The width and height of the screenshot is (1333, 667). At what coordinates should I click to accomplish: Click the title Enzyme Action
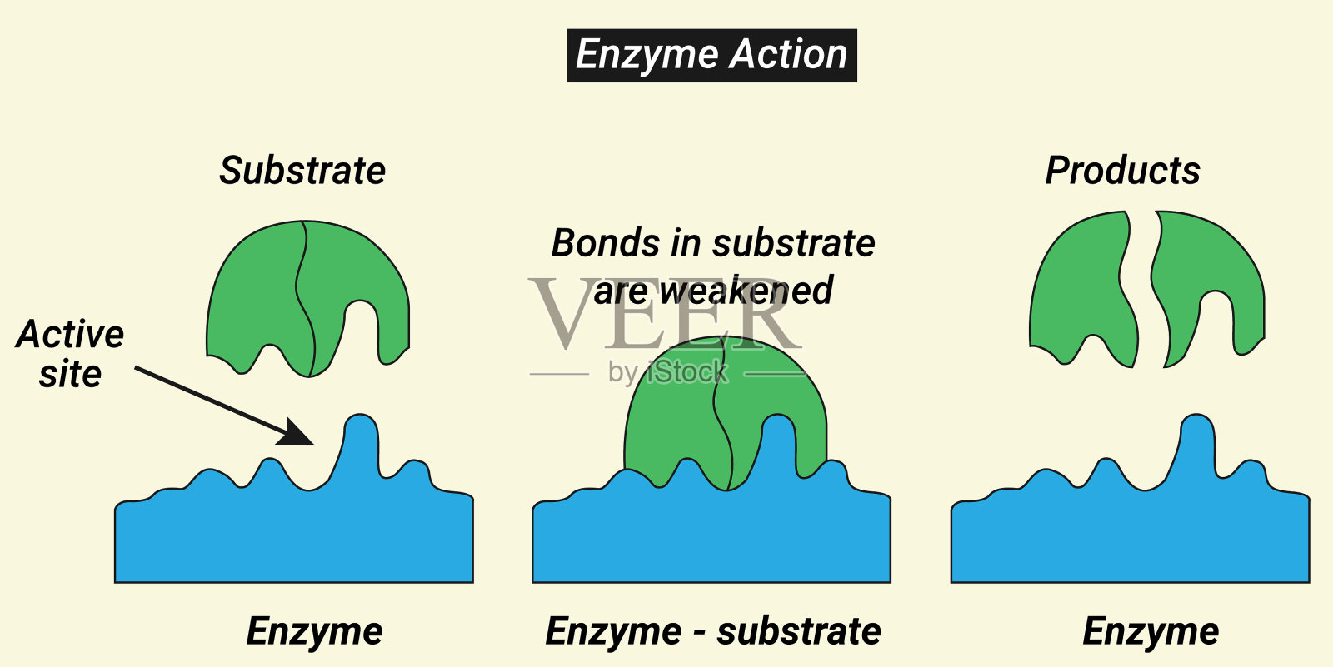711,56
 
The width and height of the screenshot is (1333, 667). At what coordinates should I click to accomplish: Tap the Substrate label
302,171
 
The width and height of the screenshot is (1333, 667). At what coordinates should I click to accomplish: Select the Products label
1122,171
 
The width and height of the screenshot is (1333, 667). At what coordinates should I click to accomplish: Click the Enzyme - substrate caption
713,631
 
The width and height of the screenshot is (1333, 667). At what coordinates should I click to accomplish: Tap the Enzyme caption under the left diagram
314,631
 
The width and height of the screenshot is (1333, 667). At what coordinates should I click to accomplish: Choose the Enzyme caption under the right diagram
1151,631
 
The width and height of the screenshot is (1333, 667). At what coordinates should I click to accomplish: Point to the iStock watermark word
687,372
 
